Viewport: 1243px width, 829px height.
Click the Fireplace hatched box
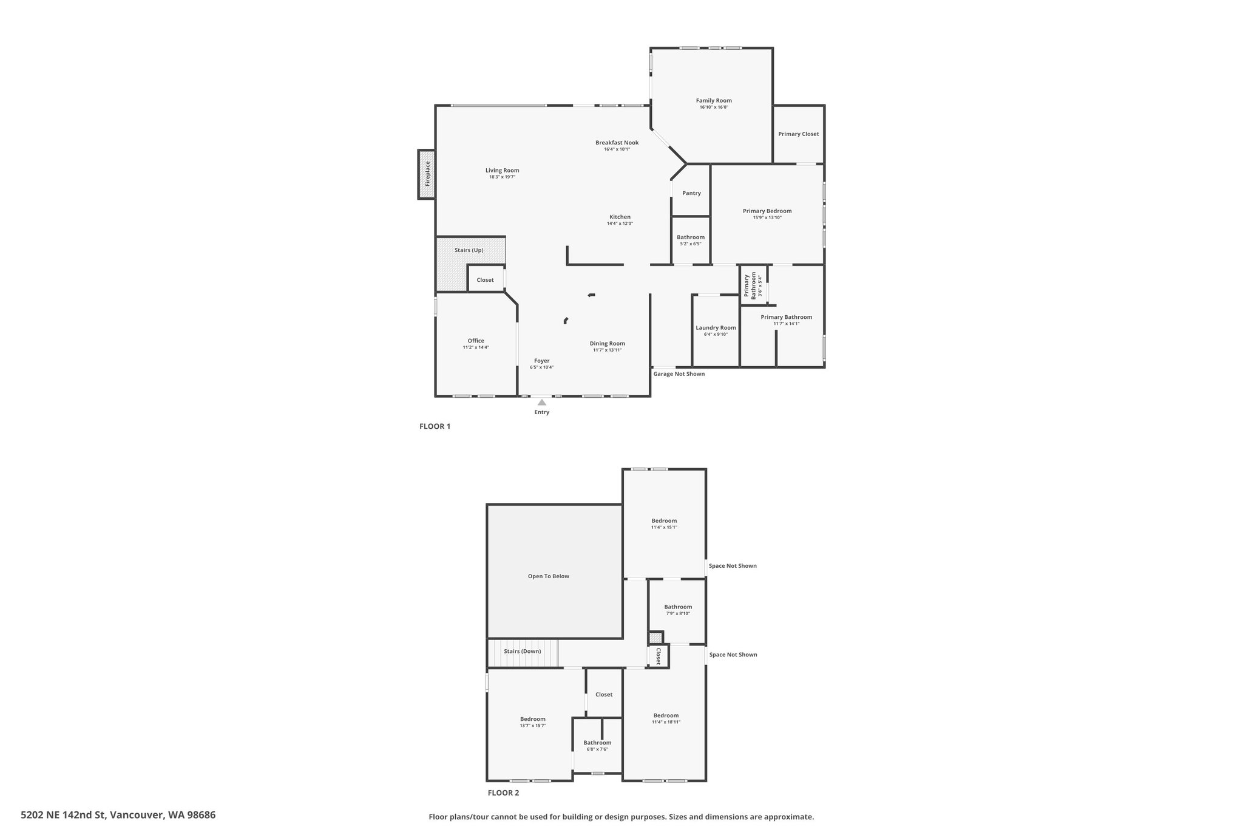click(x=427, y=174)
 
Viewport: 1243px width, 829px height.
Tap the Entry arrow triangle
click(x=541, y=402)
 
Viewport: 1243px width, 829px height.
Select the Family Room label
click(x=714, y=101)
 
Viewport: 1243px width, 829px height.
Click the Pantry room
click(x=691, y=193)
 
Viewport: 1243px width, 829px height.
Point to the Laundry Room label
click(x=716, y=328)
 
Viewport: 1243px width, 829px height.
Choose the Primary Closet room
click(x=798, y=134)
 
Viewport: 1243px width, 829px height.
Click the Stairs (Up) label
click(x=469, y=250)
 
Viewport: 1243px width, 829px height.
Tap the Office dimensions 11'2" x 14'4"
click(x=476, y=347)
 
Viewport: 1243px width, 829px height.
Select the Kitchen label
click(x=620, y=217)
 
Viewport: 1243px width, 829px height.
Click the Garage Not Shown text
click(x=679, y=374)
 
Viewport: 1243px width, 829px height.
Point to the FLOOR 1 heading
click(x=435, y=426)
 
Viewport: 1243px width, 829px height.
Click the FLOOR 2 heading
click(x=503, y=793)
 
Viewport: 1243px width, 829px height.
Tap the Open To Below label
click(x=549, y=576)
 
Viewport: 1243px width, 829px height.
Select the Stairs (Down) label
click(x=522, y=652)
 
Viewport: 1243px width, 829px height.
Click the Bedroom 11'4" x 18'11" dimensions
click(x=666, y=722)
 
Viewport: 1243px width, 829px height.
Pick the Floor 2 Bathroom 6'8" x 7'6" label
click(x=597, y=743)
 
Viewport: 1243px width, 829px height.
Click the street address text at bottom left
click(x=118, y=815)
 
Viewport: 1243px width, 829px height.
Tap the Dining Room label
click(x=607, y=344)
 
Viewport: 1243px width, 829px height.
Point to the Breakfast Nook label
click(x=617, y=143)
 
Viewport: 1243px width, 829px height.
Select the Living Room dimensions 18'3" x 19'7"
click(x=502, y=177)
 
